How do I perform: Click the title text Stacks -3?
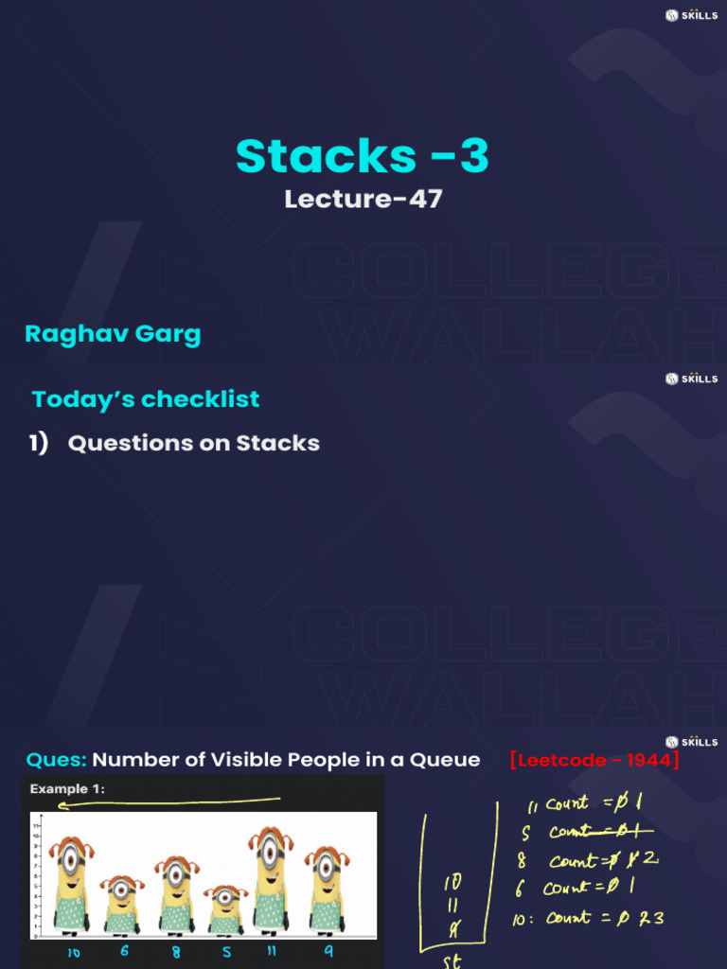(363, 156)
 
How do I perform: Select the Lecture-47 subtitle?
(363, 199)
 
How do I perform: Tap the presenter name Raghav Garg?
(113, 334)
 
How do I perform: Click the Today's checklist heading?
(146, 399)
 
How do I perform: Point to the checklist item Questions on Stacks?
(193, 443)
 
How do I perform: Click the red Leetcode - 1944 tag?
(594, 760)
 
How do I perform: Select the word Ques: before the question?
(56, 760)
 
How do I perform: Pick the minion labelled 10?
(71, 886)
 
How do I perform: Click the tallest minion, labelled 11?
(271, 880)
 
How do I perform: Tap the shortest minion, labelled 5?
(225, 909)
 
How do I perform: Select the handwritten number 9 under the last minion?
(328, 952)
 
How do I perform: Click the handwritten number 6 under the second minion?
(124, 951)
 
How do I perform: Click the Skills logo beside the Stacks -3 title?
(691, 15)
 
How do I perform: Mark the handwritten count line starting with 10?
(587, 918)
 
